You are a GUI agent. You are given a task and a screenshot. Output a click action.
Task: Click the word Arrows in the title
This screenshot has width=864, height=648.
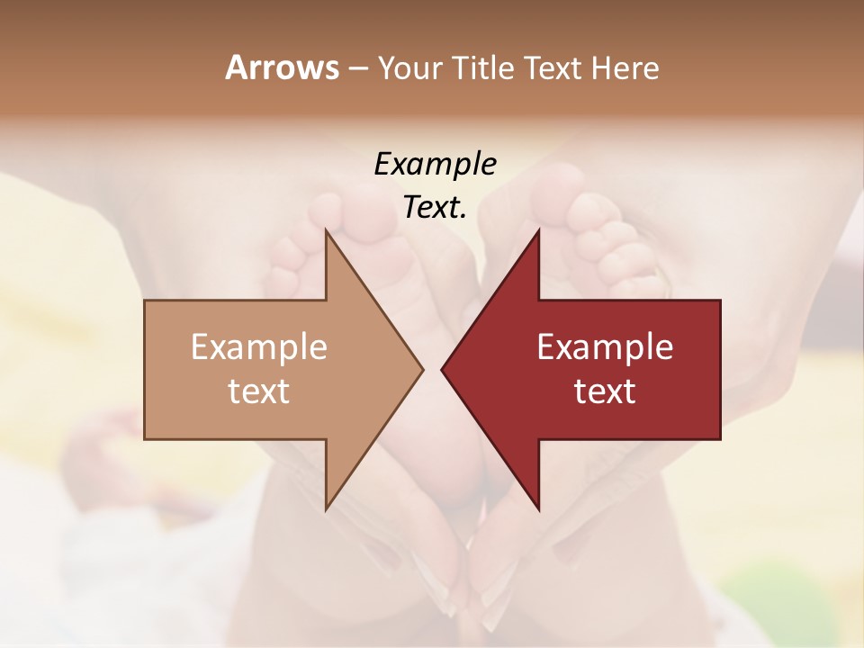click(x=282, y=67)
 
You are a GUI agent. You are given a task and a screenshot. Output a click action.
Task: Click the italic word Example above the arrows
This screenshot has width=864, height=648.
click(x=435, y=165)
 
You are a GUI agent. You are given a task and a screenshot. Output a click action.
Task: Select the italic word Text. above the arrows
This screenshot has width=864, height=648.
click(x=435, y=208)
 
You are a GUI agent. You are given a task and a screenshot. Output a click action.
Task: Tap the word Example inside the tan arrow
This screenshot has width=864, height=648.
click(x=259, y=347)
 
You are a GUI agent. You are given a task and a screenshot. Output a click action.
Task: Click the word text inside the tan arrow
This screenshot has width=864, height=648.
click(x=259, y=391)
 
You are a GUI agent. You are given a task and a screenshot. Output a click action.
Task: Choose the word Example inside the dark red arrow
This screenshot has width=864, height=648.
click(x=605, y=347)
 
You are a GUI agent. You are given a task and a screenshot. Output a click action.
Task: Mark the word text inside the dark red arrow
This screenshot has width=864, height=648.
click(x=605, y=391)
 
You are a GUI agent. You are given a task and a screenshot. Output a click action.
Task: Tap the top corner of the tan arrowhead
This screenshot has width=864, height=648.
click(x=327, y=230)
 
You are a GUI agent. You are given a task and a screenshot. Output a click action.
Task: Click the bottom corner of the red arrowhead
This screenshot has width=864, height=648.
click(x=538, y=508)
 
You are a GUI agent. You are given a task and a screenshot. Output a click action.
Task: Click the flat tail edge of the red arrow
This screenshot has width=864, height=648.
click(x=719, y=369)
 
